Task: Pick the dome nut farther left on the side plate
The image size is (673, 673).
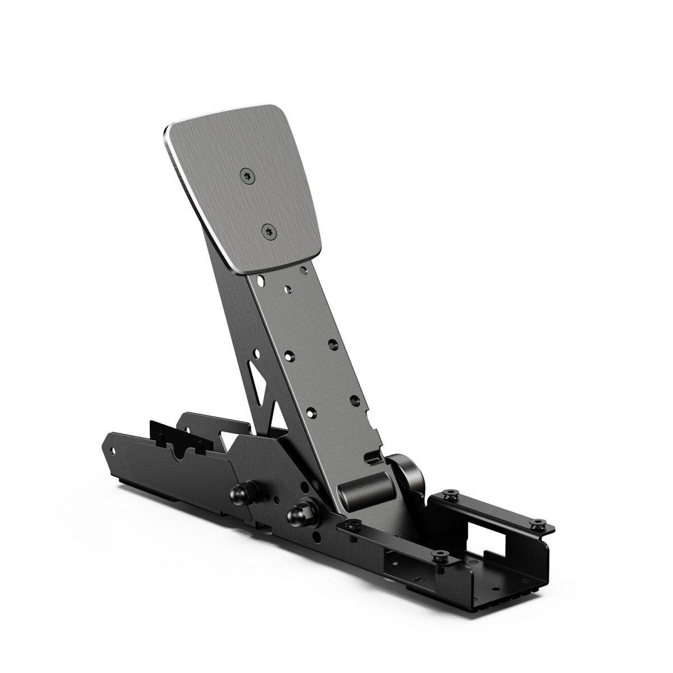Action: click(x=237, y=480)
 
